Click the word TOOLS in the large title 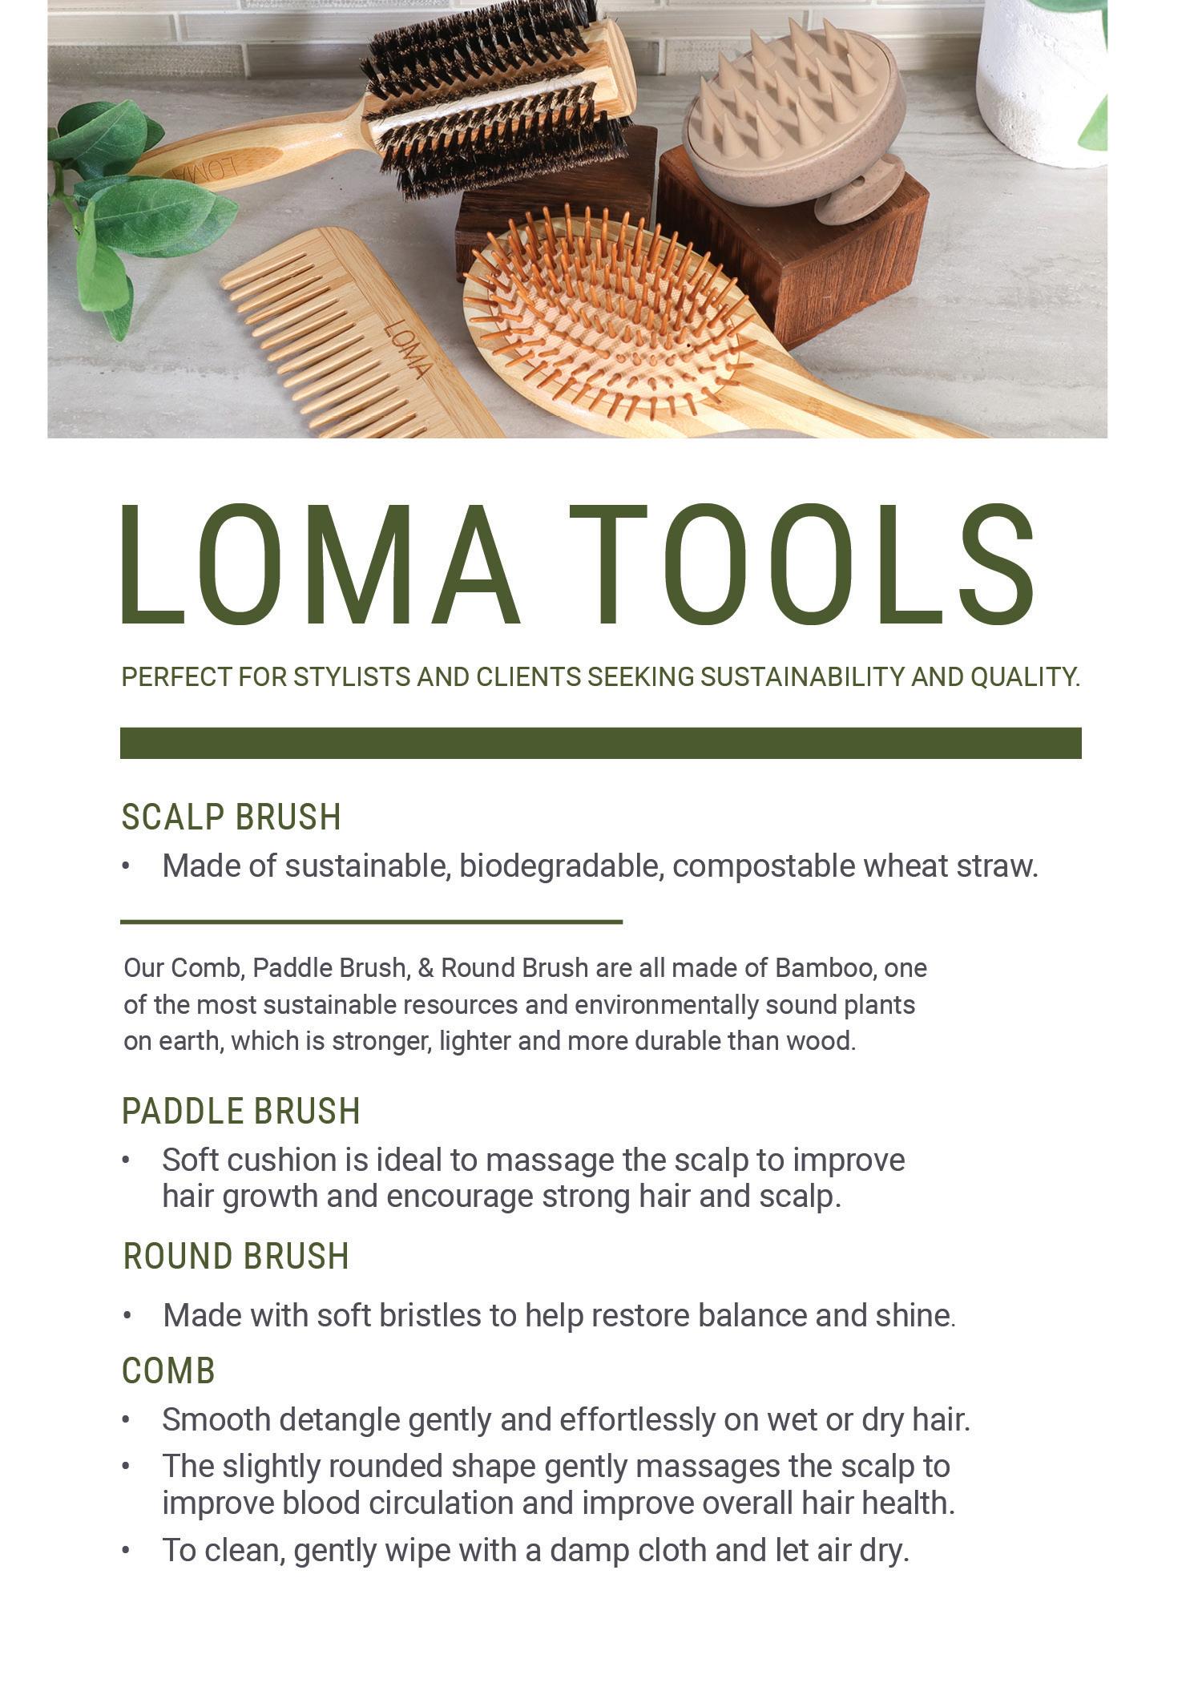801,565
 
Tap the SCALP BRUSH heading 231,817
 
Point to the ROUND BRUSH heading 236,1257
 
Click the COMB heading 168,1371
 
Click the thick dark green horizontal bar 600,743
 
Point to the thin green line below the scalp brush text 371,922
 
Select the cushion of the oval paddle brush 609,321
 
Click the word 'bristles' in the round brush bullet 430,1316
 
